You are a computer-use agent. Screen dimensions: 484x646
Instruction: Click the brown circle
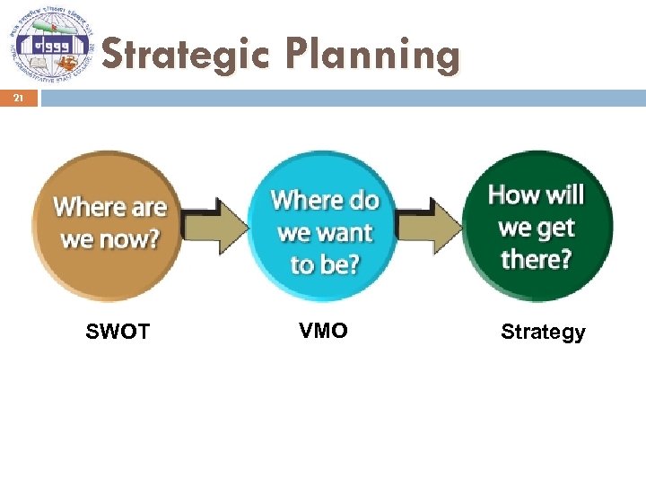point(108,224)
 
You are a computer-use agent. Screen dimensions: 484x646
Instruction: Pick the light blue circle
point(325,224)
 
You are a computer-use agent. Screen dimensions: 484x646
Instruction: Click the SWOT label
point(118,333)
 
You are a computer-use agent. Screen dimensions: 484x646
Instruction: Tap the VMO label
point(323,331)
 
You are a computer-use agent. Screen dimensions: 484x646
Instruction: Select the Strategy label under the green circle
point(543,333)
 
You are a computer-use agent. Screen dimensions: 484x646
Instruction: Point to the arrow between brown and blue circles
point(216,224)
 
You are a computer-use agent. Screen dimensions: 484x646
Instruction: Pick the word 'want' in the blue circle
point(343,233)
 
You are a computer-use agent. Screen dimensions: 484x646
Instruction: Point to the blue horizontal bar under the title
point(341,97)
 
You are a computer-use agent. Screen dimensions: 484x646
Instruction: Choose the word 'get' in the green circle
point(558,228)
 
